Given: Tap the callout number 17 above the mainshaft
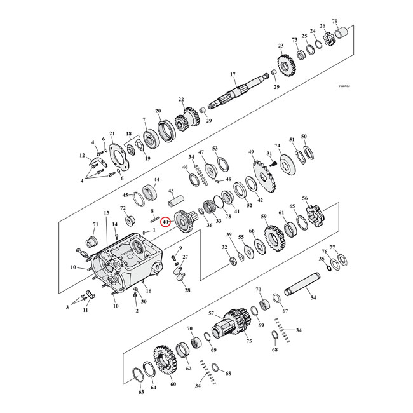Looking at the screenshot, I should tap(233, 74).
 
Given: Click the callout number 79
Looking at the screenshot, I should tap(353, 22).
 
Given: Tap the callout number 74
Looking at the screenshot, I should tap(277, 146).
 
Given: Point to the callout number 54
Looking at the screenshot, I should tap(312, 297).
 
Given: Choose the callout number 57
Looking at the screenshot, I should tap(212, 313).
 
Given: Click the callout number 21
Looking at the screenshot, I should tap(111, 133).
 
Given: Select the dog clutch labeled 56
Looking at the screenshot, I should tap(315, 217).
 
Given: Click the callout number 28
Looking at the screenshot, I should tap(187, 290).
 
